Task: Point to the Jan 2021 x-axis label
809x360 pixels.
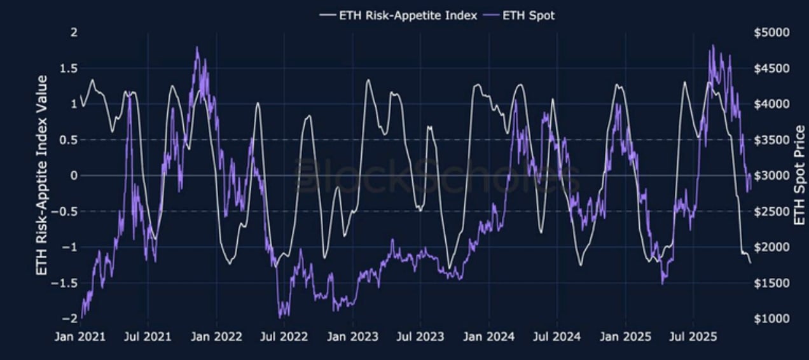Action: tap(80, 336)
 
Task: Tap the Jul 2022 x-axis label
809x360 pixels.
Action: tap(284, 336)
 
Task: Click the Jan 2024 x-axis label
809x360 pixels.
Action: tap(488, 336)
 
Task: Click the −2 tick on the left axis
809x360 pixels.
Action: tap(71, 318)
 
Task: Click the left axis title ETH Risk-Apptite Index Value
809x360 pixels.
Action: tap(42, 175)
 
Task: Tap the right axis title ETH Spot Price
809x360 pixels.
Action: tap(799, 175)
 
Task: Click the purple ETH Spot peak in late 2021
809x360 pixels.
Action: tap(197, 47)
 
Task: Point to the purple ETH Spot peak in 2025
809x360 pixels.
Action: tap(712, 46)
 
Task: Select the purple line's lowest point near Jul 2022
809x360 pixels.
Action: tap(280, 317)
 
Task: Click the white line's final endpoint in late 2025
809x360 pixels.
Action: tap(750, 263)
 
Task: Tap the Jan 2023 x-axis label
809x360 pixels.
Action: tap(352, 336)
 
